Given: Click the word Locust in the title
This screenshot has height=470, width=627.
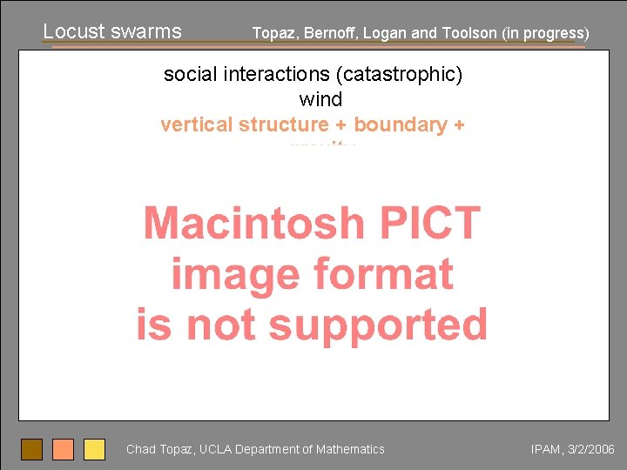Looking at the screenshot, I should coord(72,31).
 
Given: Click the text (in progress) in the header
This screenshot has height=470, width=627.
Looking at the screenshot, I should coord(544,34).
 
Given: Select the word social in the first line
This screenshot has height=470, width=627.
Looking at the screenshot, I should coord(191,75).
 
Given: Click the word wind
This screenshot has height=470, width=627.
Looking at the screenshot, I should coord(320,99).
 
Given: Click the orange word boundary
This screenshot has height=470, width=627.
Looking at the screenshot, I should coord(400,124).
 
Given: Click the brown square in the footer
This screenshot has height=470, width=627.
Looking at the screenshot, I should coord(32,449).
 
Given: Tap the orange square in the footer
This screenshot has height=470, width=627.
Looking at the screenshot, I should coord(64,449).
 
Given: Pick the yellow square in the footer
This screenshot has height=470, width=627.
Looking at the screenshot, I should coord(94,449).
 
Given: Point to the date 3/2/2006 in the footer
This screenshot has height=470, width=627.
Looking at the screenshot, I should coord(590,449).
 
